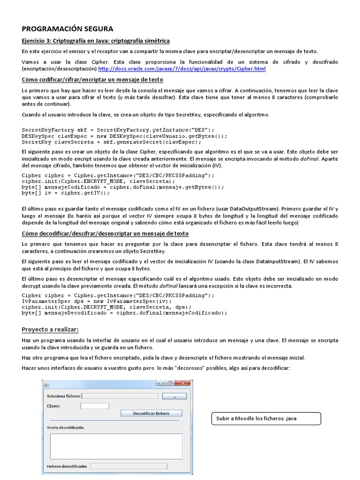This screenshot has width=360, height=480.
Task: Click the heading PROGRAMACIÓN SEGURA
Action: pos(67,29)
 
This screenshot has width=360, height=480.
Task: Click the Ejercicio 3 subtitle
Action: pos(96,41)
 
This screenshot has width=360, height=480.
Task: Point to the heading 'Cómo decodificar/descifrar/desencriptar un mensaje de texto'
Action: pos(105,233)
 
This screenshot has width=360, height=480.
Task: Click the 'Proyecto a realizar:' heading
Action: pos(50,330)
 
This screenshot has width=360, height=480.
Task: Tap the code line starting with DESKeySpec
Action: pos(124,136)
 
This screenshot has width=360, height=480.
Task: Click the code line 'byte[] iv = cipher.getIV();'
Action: pos(66,193)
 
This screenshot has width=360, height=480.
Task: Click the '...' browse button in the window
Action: pos(174,396)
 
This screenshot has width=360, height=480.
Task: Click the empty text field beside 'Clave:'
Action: pos(95,406)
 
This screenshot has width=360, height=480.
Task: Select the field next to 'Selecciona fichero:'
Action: pos(120,396)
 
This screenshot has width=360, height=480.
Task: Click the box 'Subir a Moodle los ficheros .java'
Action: pos(266,418)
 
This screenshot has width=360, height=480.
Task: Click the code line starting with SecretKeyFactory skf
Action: pos(118,130)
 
